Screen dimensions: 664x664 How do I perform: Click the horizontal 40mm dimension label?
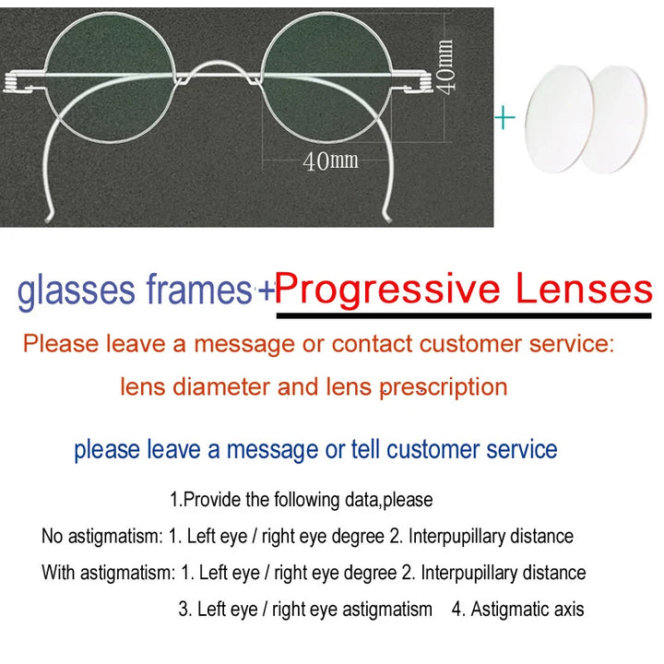(x=330, y=161)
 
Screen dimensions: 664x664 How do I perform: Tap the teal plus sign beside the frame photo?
(x=504, y=118)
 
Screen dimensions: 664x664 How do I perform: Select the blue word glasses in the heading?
(x=76, y=291)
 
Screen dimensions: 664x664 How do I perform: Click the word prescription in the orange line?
(x=443, y=386)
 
